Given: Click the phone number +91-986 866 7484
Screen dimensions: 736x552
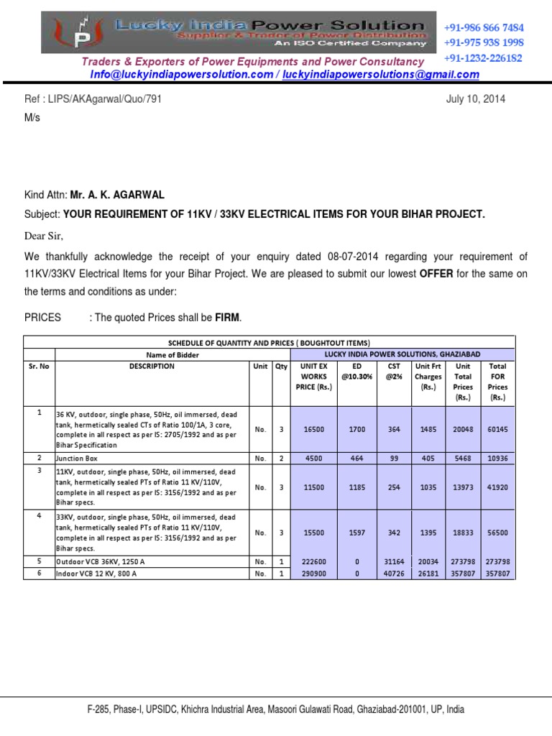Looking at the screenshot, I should pyautogui.click(x=484, y=27).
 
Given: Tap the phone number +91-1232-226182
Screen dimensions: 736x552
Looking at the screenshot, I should pyautogui.click(x=483, y=58).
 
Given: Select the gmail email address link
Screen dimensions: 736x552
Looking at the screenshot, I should pyautogui.click(x=381, y=75).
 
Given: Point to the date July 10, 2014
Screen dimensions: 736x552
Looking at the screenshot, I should pyautogui.click(x=476, y=99).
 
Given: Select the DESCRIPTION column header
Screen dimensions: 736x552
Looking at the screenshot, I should pyautogui.click(x=151, y=367).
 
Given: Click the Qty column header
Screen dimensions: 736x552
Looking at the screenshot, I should pyautogui.click(x=281, y=367).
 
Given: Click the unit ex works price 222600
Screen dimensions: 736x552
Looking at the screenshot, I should pyautogui.click(x=313, y=561).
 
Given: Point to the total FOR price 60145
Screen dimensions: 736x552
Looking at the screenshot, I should pyautogui.click(x=497, y=429).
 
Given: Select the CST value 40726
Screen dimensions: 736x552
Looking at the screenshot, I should pyautogui.click(x=394, y=574).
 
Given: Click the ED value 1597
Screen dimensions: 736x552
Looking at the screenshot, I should pyautogui.click(x=357, y=533).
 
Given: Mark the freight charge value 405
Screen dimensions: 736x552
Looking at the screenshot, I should pyautogui.click(x=428, y=457).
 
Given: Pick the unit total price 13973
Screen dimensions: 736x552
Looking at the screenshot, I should pyautogui.click(x=463, y=487).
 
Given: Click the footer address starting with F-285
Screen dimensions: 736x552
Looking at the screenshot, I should pyautogui.click(x=275, y=709).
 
